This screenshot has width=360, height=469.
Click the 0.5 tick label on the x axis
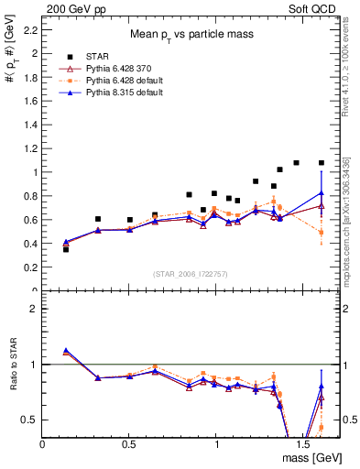[129, 444]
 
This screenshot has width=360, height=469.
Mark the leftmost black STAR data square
[66, 249]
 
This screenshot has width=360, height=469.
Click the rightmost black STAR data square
[322, 163]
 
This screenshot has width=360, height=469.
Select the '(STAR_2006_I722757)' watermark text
[191, 275]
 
